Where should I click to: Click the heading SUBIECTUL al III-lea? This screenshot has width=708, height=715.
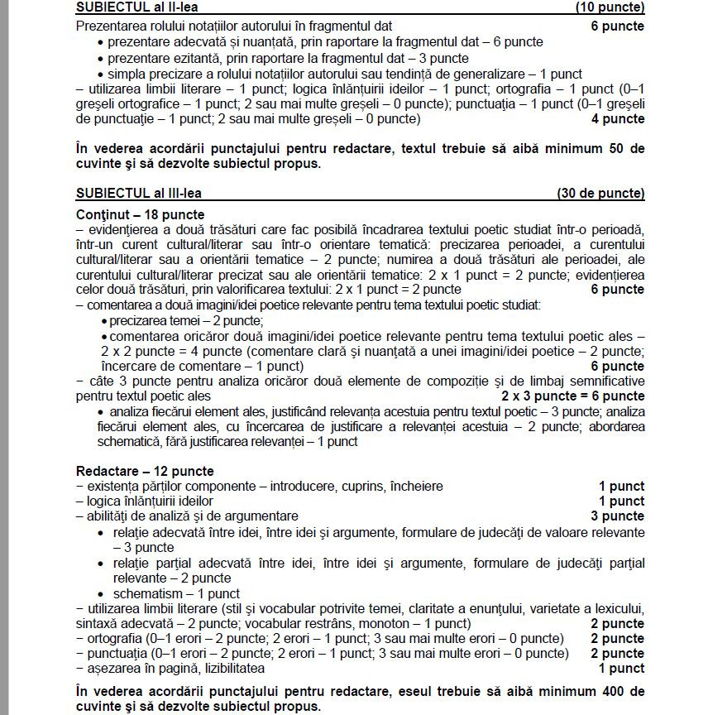(x=138, y=194)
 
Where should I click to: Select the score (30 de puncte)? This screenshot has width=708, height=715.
(x=600, y=194)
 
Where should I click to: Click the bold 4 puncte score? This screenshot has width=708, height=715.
(x=617, y=119)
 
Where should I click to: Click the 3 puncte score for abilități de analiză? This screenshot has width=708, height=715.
(x=617, y=516)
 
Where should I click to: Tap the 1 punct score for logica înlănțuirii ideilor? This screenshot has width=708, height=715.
(x=621, y=501)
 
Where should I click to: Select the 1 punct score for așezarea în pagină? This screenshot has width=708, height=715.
(x=621, y=668)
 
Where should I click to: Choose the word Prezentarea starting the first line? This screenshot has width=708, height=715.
(x=110, y=26)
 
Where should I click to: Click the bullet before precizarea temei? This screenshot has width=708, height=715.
(x=103, y=321)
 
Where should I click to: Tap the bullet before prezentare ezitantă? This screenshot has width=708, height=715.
(x=101, y=58)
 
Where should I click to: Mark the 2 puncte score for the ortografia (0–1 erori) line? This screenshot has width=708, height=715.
(x=617, y=639)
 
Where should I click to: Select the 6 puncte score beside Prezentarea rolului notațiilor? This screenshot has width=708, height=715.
(x=617, y=26)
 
